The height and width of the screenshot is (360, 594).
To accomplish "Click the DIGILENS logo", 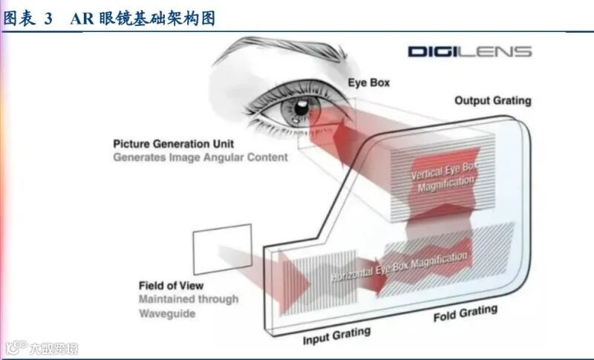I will [469, 51].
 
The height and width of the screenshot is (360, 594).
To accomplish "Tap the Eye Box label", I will [369, 82].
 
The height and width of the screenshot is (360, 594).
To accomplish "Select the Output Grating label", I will [492, 100].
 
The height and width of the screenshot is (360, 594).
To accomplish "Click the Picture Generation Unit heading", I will [176, 143].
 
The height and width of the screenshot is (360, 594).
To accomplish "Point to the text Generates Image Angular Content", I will [200, 157].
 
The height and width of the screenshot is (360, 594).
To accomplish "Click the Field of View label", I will [171, 286].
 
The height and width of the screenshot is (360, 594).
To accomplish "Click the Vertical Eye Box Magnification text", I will [446, 178].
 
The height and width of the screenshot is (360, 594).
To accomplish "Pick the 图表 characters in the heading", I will [20, 19].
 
